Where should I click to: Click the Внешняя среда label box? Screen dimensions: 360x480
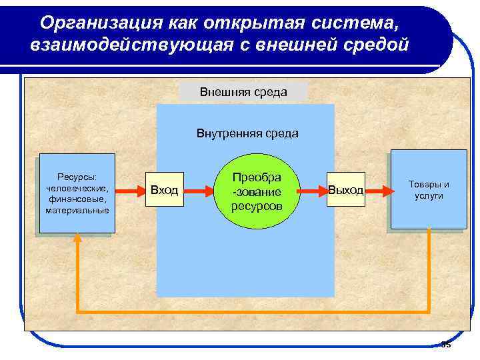click(243, 92)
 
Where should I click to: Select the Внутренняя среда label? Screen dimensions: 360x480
click(247, 133)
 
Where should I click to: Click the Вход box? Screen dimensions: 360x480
click(164, 190)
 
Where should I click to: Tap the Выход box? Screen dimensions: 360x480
click(345, 190)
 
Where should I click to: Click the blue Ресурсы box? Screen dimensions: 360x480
click(77, 193)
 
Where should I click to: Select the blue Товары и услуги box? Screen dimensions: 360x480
click(429, 189)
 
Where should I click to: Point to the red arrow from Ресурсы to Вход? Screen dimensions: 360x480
click(129, 190)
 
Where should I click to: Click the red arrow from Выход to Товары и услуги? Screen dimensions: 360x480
click(377, 190)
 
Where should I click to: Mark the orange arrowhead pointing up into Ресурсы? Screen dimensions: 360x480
click(78, 238)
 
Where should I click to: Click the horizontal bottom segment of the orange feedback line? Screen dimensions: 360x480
click(253, 311)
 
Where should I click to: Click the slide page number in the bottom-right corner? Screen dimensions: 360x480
click(446, 345)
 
